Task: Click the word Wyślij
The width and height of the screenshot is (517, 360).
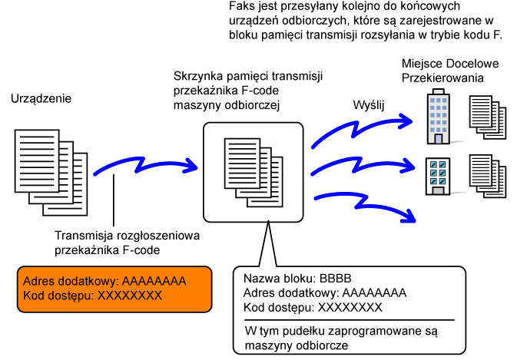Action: click(x=368, y=104)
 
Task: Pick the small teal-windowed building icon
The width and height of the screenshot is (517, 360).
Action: click(x=436, y=175)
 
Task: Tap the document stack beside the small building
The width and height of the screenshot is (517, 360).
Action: click(x=487, y=177)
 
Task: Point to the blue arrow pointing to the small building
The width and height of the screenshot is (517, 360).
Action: click(x=361, y=163)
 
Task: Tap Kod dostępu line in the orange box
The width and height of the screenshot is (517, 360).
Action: click(x=93, y=296)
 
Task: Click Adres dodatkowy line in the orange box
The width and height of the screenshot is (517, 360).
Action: click(x=104, y=281)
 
